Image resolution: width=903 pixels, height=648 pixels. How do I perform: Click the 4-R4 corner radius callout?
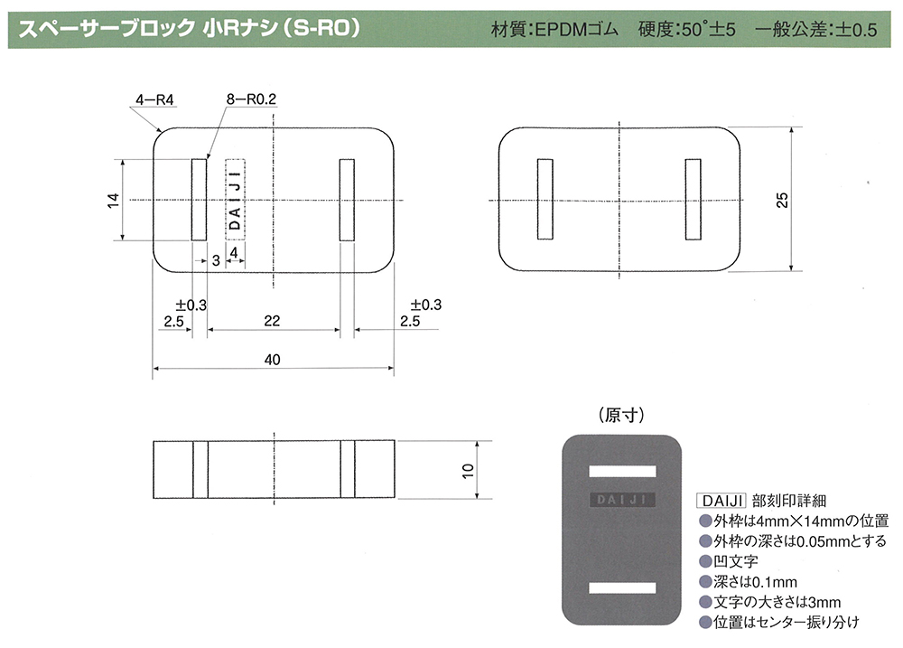click(x=154, y=99)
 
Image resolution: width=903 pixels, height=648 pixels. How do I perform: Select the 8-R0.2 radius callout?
click(x=251, y=99)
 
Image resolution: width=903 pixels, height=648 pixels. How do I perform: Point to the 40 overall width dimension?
click(x=272, y=360)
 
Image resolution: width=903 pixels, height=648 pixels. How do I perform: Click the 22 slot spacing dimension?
click(x=272, y=321)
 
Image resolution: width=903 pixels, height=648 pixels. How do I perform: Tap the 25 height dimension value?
click(x=781, y=200)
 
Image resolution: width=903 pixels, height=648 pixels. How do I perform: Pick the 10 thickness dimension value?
click(x=468, y=470)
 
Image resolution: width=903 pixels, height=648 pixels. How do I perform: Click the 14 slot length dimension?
click(x=113, y=200)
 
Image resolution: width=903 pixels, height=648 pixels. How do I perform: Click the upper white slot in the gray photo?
click(x=622, y=472)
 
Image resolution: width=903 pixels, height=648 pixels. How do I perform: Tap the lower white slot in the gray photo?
click(x=622, y=588)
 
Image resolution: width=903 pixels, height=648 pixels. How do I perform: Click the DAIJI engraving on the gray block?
click(x=622, y=500)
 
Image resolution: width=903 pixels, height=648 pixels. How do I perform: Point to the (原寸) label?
click(x=621, y=415)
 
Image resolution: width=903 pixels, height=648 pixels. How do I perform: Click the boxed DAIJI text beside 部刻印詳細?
click(x=721, y=501)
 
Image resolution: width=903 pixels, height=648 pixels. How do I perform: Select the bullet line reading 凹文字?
click(x=729, y=561)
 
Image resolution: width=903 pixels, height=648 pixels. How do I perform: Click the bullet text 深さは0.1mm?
click(x=748, y=582)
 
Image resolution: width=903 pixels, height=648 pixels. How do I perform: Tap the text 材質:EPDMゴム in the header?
click(x=554, y=29)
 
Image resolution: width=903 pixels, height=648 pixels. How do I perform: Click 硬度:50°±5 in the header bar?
click(x=686, y=29)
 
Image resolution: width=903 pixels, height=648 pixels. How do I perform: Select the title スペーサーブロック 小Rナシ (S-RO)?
click(x=190, y=28)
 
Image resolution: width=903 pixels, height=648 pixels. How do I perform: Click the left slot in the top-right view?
click(x=545, y=199)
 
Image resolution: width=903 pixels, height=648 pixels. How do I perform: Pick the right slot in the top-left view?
click(x=347, y=200)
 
